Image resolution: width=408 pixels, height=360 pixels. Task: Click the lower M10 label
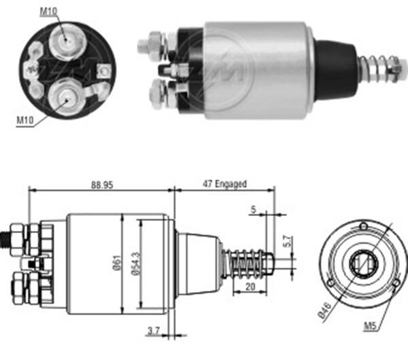pyautogui.click(x=24, y=120)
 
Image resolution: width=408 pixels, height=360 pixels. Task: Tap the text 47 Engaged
pyautogui.click(x=224, y=184)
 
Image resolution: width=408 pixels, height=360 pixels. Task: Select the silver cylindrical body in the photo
pyautogui.click(x=258, y=69)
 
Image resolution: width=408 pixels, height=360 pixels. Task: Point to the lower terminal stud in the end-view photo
pyautogui.click(x=67, y=97)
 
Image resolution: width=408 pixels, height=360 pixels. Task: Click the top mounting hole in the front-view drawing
pyautogui.click(x=364, y=226)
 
